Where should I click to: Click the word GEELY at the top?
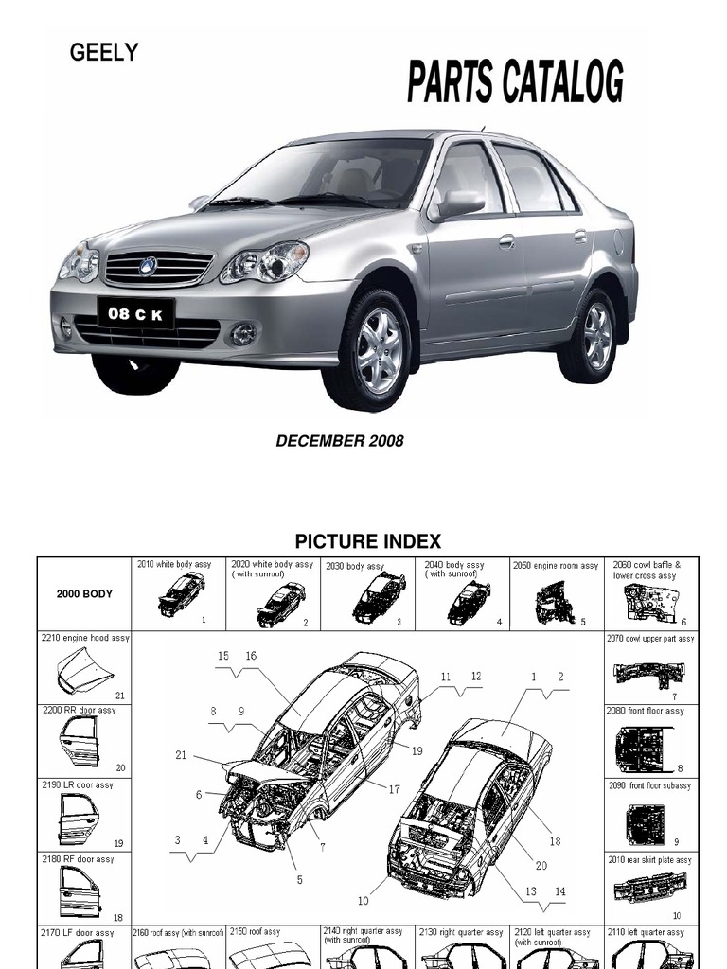coord(104,53)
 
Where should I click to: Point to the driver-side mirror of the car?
coord(459,204)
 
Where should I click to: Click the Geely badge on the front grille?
coord(148,266)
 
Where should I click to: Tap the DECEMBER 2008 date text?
coord(339,441)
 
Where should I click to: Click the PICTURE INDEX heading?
coord(367,542)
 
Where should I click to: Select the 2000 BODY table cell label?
coord(83,594)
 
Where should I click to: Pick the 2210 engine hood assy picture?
coord(83,674)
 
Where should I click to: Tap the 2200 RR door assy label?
coord(79,710)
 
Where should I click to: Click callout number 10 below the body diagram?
coord(363,900)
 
